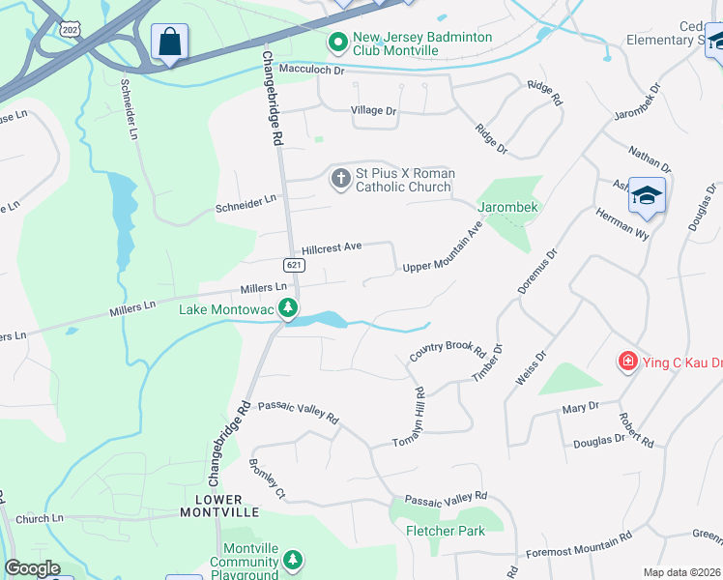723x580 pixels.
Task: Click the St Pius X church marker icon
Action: click(340, 179)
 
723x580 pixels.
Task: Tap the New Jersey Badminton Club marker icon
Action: click(337, 43)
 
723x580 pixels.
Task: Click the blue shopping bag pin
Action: click(169, 43)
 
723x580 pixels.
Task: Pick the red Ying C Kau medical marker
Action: click(628, 362)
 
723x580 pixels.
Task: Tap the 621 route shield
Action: click(295, 265)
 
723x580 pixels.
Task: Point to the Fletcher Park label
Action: click(446, 531)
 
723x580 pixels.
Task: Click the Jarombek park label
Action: click(506, 207)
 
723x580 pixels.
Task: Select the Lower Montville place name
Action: click(219, 505)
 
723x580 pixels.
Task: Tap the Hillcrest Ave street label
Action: click(332, 247)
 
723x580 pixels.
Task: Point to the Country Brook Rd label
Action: click(447, 352)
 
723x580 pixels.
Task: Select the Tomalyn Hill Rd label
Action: click(410, 417)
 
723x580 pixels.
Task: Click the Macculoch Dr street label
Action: click(311, 70)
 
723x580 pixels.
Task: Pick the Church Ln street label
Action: click(39, 518)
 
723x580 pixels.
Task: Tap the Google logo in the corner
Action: click(32, 568)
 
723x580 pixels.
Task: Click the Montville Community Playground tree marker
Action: click(292, 560)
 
